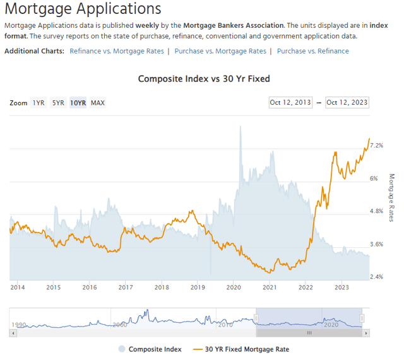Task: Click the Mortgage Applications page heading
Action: coord(83,9)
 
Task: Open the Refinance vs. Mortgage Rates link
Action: coord(117,51)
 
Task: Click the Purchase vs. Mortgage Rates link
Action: coord(220,51)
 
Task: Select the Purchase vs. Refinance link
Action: coord(312,51)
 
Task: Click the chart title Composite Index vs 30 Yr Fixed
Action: coord(203,79)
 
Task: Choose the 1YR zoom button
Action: coord(39,103)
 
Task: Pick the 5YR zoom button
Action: coord(58,103)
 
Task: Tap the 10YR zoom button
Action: coord(78,103)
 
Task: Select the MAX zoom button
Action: coord(98,103)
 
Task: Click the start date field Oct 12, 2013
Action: coord(290,103)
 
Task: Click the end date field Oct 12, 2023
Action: coord(347,103)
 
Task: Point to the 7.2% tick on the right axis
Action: coord(376,146)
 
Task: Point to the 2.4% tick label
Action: coord(376,277)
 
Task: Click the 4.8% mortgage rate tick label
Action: coord(376,211)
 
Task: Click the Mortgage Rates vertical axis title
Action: coord(391,197)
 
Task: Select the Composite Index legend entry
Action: coord(155,349)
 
